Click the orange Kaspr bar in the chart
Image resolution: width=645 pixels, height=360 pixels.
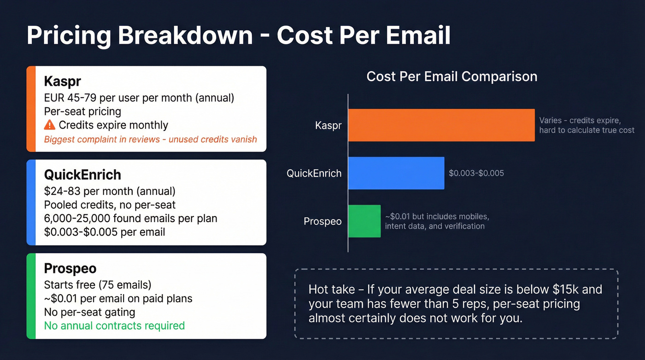point(441,125)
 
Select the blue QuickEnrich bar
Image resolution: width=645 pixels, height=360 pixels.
point(396,173)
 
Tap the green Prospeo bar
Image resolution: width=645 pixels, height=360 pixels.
point(364,221)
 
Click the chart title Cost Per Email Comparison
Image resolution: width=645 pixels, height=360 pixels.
point(451,76)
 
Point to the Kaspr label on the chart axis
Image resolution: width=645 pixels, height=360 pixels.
point(328,125)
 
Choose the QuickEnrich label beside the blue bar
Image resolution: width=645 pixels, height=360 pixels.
point(314,173)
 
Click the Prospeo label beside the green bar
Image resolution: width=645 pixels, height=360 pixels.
point(322,221)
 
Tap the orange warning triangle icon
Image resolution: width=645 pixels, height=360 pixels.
point(49,125)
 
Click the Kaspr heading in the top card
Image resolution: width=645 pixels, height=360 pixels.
point(62,82)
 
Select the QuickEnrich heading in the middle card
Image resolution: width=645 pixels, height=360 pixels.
point(82,175)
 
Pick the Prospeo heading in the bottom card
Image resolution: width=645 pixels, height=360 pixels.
point(70,268)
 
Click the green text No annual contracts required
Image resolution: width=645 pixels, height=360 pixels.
point(114,325)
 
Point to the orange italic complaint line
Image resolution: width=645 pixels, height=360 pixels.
point(150,139)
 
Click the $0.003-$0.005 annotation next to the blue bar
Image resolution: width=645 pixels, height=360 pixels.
point(476,173)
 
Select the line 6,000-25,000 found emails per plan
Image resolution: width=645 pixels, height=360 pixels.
point(130,218)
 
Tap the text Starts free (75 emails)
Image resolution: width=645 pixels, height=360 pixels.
point(98,284)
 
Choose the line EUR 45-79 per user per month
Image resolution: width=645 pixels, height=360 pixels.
point(139,98)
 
